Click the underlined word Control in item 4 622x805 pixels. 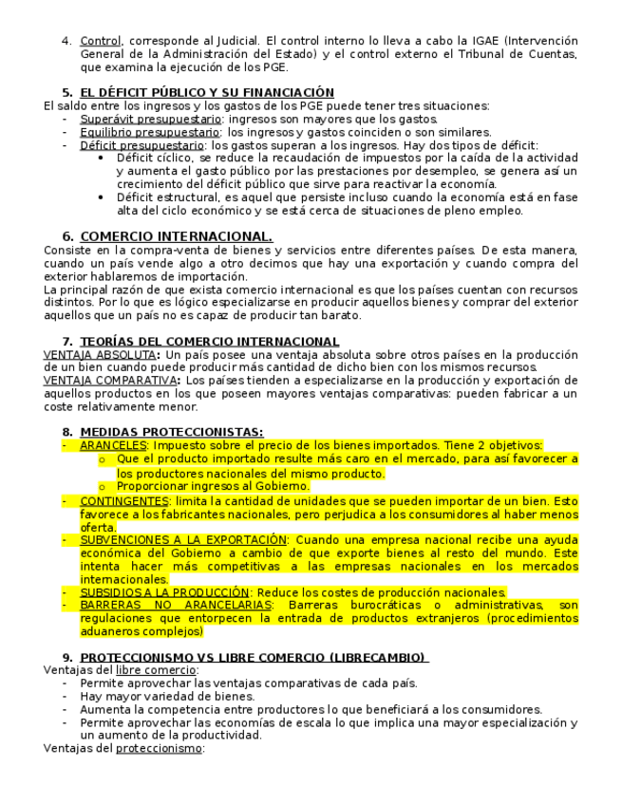pyautogui.click(x=100, y=42)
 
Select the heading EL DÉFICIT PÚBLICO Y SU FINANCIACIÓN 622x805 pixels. pyautogui.click(x=207, y=92)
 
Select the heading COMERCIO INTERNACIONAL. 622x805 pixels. pyautogui.click(x=177, y=236)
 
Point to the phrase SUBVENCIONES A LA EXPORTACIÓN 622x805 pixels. pyautogui.click(x=183, y=539)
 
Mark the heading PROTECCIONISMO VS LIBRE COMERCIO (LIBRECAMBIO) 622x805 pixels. pyautogui.click(x=254, y=657)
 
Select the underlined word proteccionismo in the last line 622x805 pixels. pyautogui.click(x=160, y=748)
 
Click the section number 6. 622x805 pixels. pyautogui.click(x=67, y=236)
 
